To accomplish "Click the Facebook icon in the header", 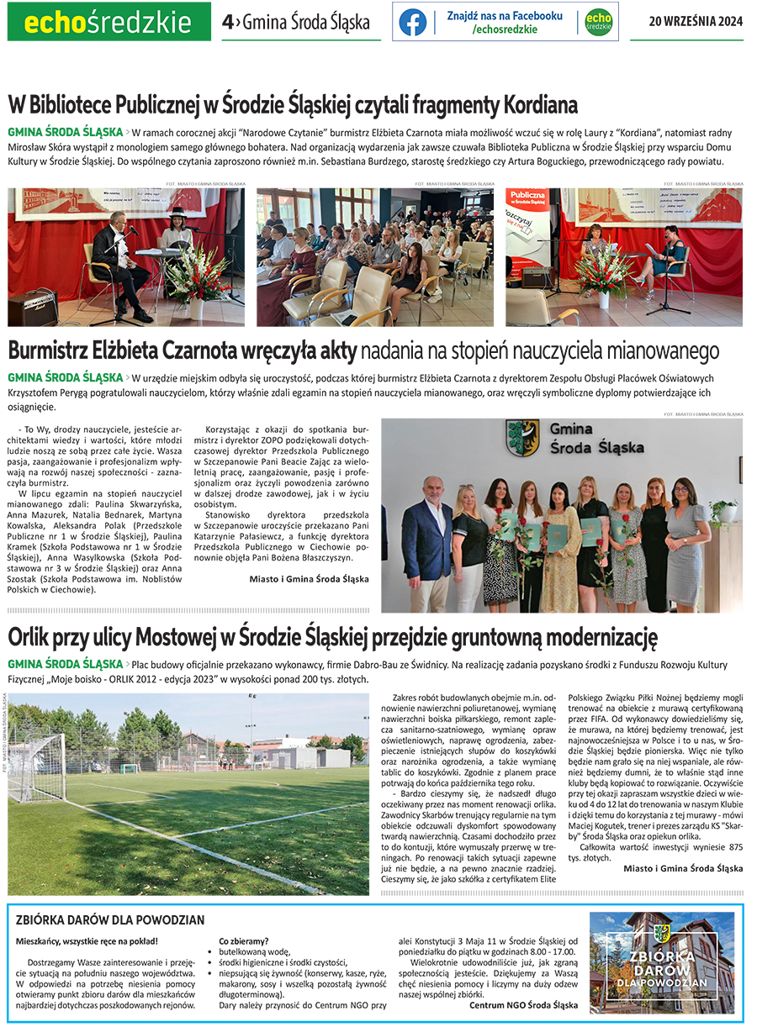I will coord(413,23).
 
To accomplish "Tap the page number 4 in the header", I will coord(227,23).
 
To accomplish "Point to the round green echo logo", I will coord(598,23).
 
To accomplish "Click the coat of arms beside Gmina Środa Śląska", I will coord(522,439).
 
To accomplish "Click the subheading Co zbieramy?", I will coord(244,941).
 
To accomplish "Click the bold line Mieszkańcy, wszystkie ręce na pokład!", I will coord(87,941).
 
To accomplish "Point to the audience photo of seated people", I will coord(375,256).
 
